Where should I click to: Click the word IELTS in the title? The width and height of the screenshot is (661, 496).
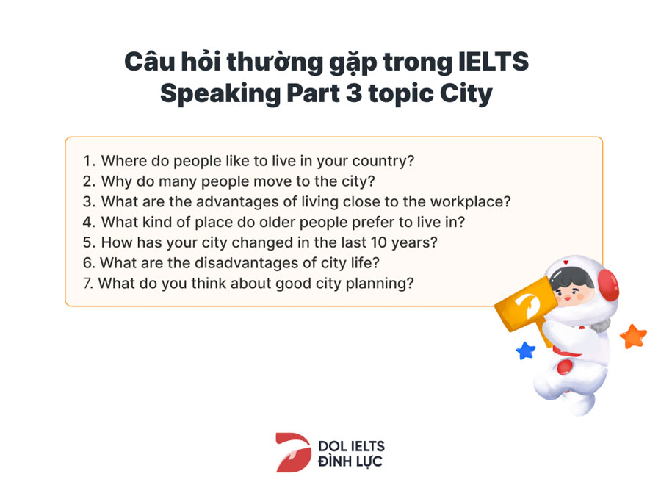tap(494, 62)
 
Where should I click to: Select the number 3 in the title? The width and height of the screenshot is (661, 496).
tap(354, 93)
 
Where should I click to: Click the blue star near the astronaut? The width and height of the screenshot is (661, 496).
tap(526, 351)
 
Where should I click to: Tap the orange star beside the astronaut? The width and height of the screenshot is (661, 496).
tap(633, 336)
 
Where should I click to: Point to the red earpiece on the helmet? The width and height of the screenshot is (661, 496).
tap(608, 285)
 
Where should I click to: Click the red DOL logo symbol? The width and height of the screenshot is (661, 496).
tap(293, 452)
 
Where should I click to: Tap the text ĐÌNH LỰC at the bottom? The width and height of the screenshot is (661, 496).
tap(350, 462)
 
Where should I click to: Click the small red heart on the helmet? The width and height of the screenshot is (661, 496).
tap(566, 263)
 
